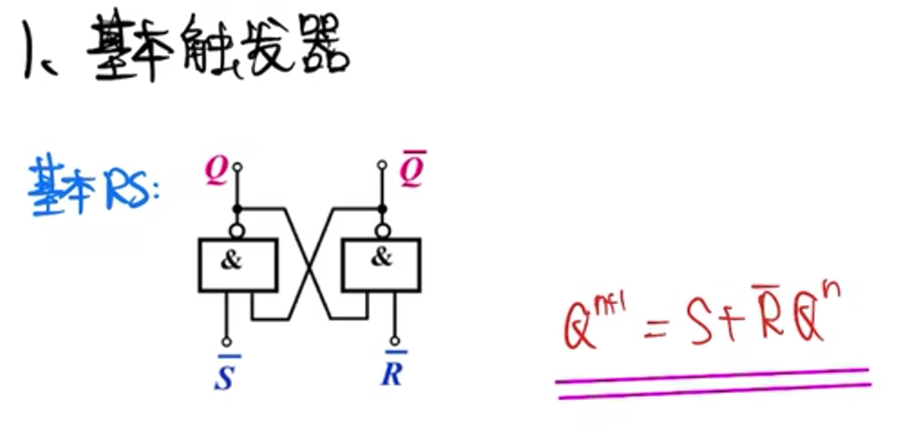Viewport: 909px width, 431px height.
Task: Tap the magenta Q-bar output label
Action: [x=412, y=171]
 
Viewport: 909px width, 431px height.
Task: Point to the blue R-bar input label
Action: [x=392, y=370]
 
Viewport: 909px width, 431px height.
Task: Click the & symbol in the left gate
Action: [x=232, y=262]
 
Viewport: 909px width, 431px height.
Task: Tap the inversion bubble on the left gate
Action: [x=237, y=230]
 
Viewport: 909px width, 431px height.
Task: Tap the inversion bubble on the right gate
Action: [x=382, y=230]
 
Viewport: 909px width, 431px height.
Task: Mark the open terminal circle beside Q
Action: [x=237, y=167]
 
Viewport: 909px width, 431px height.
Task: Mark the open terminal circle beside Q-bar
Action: [x=382, y=166]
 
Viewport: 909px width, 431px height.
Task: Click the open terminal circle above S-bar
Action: [x=226, y=342]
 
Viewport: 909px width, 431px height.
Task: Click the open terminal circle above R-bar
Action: [x=394, y=342]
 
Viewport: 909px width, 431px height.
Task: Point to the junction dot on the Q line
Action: [x=237, y=209]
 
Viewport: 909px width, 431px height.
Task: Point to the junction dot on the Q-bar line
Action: [x=382, y=209]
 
